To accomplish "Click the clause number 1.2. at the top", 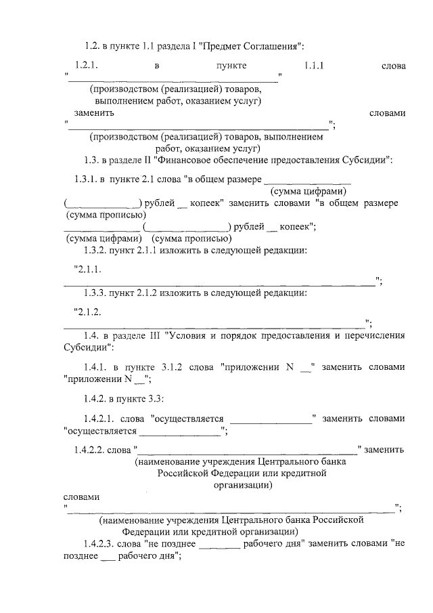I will pos(92,45).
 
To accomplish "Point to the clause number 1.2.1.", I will pos(88,66).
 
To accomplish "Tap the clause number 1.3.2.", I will pos(98,251).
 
